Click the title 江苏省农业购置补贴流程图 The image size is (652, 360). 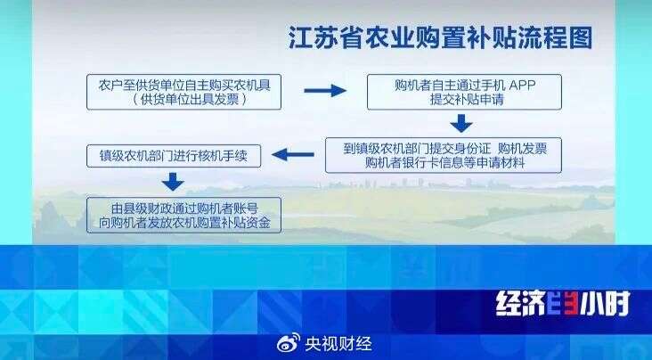point(440,38)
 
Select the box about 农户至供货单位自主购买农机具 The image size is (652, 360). point(183,92)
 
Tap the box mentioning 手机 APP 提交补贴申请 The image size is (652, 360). point(464,92)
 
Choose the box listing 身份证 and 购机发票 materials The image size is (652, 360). point(444,155)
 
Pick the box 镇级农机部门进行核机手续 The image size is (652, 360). point(174,156)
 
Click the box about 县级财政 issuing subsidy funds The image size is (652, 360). point(183,215)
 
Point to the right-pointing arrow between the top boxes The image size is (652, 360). point(325,90)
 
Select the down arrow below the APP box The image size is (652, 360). point(461,123)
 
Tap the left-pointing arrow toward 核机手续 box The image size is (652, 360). point(293,155)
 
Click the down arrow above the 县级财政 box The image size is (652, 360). point(173,182)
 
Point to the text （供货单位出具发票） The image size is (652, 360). point(190,99)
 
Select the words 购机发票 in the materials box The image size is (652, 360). point(522,149)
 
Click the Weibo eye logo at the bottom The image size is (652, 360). point(289,342)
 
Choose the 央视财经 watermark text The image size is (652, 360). point(338,344)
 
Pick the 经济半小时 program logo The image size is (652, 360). point(563,304)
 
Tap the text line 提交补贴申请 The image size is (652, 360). point(467,100)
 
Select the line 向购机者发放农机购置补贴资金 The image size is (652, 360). point(184,222)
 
